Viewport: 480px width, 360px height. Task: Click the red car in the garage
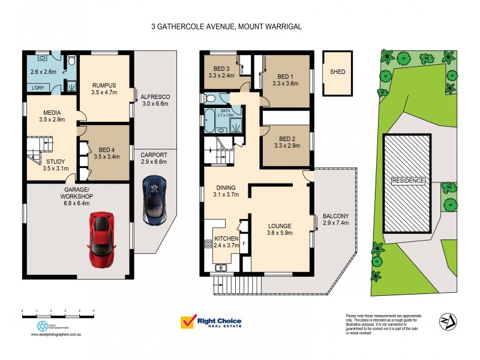(102, 239)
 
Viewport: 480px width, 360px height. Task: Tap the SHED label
(338, 72)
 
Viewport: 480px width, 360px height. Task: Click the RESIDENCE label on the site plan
(408, 181)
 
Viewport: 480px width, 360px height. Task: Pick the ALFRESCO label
(155, 97)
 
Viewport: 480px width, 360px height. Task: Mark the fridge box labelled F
(244, 245)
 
